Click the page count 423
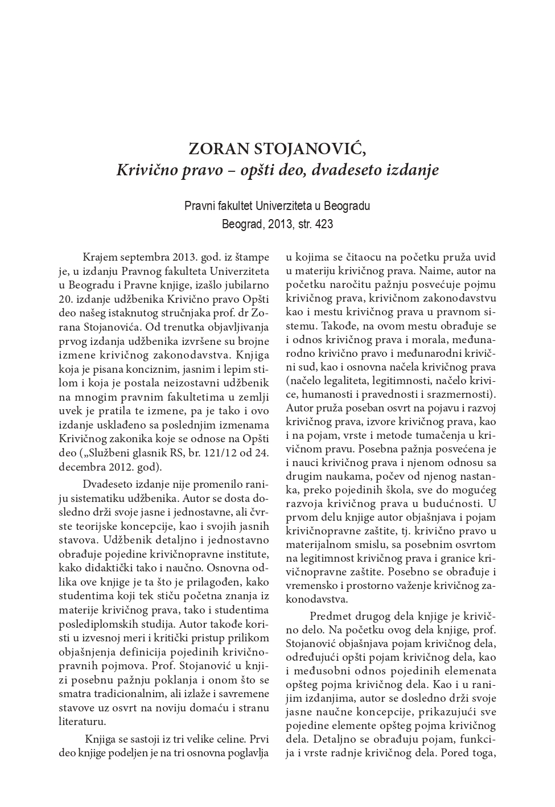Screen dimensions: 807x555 click(x=323, y=224)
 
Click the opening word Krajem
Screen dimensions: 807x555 click(x=101, y=257)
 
